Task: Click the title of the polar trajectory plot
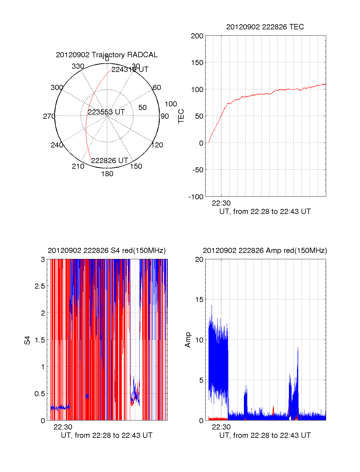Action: (106, 55)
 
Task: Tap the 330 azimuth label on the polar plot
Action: (78, 66)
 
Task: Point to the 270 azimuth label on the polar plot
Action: (49, 116)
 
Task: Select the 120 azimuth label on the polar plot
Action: (157, 145)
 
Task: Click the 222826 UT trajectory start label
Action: (109, 161)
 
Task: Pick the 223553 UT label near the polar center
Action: (106, 112)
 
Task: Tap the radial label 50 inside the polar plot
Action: (142, 108)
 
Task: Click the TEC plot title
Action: (265, 27)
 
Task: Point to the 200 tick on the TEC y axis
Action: (197, 36)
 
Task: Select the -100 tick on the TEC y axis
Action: (196, 197)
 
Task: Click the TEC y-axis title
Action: (181, 116)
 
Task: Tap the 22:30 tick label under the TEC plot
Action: (221, 203)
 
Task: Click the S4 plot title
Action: (106, 251)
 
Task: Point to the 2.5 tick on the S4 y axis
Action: (40, 286)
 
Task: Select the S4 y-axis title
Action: (27, 340)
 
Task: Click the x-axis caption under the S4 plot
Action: (106, 435)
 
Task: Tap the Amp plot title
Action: (265, 251)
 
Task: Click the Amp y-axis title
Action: (188, 340)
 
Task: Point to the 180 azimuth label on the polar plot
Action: (107, 174)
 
